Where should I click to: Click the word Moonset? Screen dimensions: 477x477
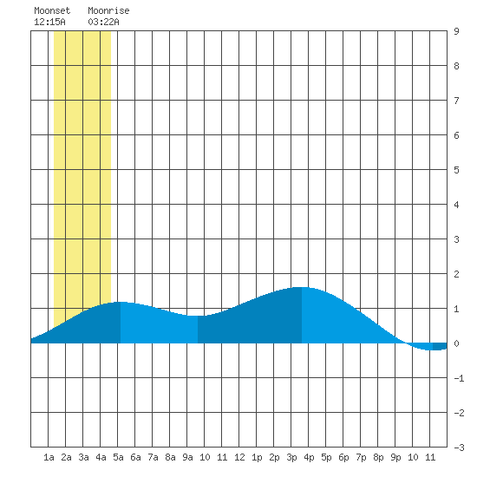coord(52,10)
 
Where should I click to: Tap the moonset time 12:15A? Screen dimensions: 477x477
coord(49,22)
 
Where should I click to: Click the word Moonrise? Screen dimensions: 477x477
coord(108,10)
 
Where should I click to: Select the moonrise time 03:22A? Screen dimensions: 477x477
coord(103,22)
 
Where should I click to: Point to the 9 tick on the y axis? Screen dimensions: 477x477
coord(456,31)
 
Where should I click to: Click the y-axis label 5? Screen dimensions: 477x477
coord(456,170)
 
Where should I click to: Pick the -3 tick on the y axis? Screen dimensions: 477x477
coord(459,448)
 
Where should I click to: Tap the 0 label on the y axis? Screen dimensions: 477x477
coord(456,343)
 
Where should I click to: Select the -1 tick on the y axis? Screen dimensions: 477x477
coord(459,378)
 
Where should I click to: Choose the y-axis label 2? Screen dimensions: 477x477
coord(456,274)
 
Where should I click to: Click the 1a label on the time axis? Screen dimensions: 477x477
coord(49,457)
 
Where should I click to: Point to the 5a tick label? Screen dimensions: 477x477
coord(118,457)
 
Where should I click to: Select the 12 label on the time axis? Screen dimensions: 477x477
coord(239,457)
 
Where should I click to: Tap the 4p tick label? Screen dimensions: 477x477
coord(309,457)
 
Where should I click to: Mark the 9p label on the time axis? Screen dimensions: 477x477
coord(395,457)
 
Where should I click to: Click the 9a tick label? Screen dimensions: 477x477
coord(187,457)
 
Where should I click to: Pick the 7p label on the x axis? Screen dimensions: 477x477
coord(361,457)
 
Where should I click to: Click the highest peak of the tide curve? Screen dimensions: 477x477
coord(302,287)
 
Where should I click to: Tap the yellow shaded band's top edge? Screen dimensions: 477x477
coord(82,31)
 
